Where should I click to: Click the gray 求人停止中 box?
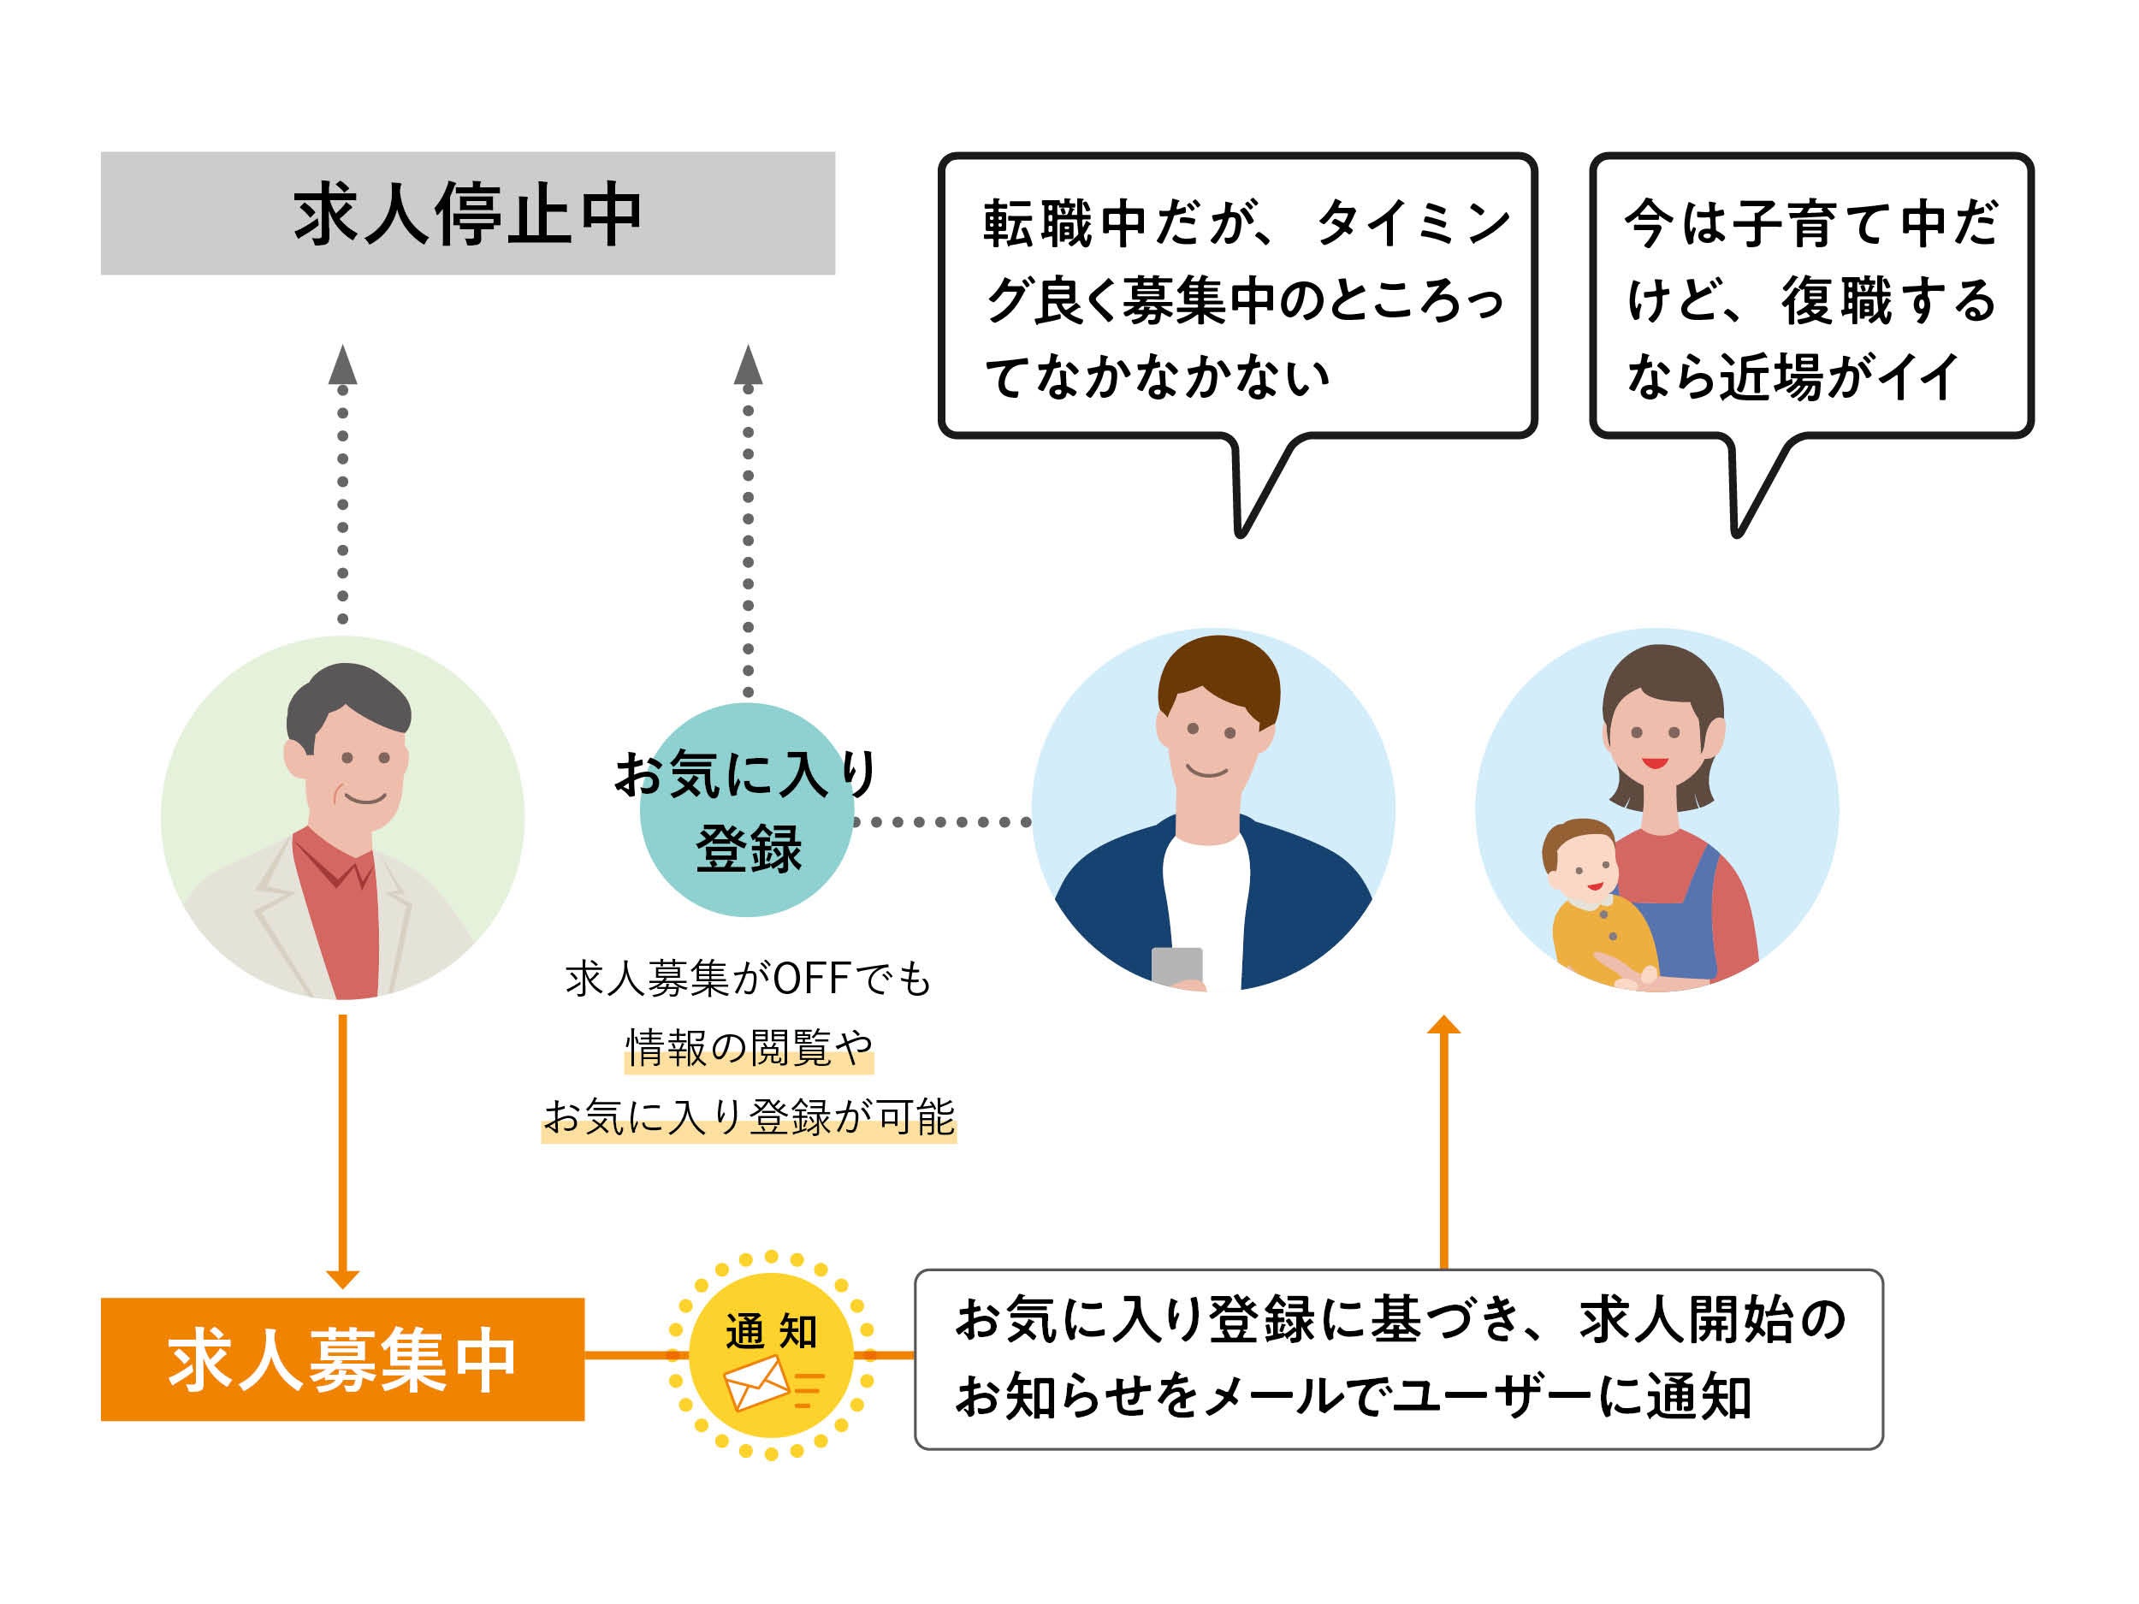click(467, 213)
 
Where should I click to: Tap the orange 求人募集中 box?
click(342, 1358)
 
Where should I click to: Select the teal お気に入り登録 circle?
click(747, 810)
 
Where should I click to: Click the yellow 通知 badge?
click(771, 1353)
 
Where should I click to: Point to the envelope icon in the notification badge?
click(758, 1382)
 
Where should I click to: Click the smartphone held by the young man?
click(1176, 966)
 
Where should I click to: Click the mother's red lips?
click(1656, 764)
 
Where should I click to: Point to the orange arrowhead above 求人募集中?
click(342, 1278)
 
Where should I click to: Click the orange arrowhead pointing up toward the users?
click(1443, 1025)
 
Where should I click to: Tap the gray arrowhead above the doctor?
click(342, 366)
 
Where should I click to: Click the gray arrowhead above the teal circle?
click(748, 366)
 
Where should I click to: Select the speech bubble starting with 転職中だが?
click(1238, 295)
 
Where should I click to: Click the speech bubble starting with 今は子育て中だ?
click(1810, 295)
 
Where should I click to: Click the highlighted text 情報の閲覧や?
click(749, 1048)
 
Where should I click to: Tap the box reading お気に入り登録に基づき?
click(1398, 1358)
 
